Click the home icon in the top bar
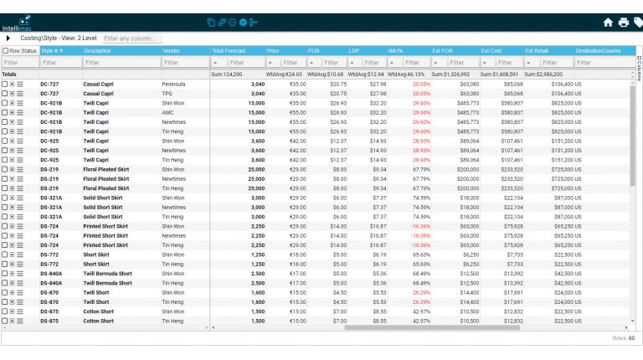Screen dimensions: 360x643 608,23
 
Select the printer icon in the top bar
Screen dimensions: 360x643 623,23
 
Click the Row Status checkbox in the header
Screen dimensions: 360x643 6,51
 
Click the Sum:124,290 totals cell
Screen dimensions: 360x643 228,75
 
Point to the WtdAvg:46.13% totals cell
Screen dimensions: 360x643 407,75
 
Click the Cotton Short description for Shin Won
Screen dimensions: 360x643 98,311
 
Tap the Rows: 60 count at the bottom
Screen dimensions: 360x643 625,338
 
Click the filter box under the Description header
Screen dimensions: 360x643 120,63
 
